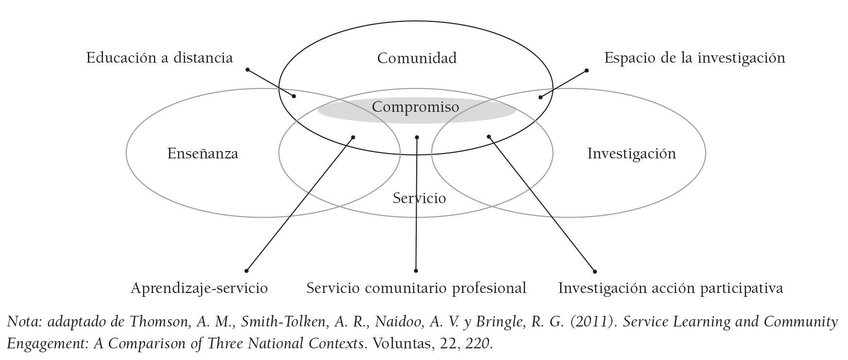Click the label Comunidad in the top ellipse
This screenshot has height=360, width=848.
417,58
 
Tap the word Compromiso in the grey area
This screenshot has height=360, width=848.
415,106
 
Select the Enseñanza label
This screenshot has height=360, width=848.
203,154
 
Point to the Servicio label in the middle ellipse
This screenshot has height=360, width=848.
419,198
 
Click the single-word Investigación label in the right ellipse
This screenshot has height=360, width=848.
631,154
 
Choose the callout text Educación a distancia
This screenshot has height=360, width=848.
159,58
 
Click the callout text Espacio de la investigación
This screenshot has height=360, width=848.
695,58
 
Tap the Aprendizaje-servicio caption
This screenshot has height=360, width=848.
199,288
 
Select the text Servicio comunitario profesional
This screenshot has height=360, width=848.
416,288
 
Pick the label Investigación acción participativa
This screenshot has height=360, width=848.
670,288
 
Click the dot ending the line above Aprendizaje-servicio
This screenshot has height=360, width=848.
247,271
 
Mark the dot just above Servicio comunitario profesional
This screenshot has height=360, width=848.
416,271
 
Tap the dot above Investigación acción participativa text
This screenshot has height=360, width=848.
595,272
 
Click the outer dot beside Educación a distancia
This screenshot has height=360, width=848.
247,70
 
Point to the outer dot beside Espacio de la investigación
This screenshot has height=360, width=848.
587,70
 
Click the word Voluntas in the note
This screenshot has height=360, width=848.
399,344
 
